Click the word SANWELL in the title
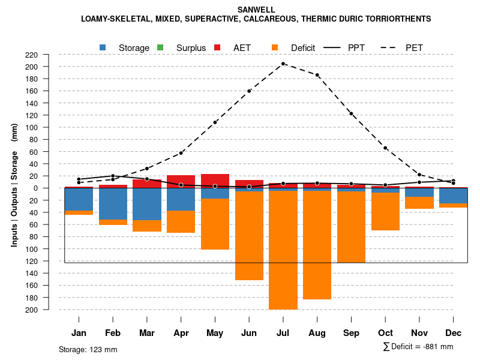click(256, 10)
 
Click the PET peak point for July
click(283, 64)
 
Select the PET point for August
click(317, 75)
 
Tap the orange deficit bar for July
click(283, 250)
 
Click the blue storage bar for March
click(147, 204)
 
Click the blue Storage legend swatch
click(103, 47)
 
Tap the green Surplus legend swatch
click(160, 47)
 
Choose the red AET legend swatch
click(218, 47)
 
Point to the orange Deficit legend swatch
click(275, 47)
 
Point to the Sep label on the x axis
click(351, 333)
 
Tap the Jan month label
click(79, 333)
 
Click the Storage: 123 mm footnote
click(88, 349)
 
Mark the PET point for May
click(215, 122)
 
